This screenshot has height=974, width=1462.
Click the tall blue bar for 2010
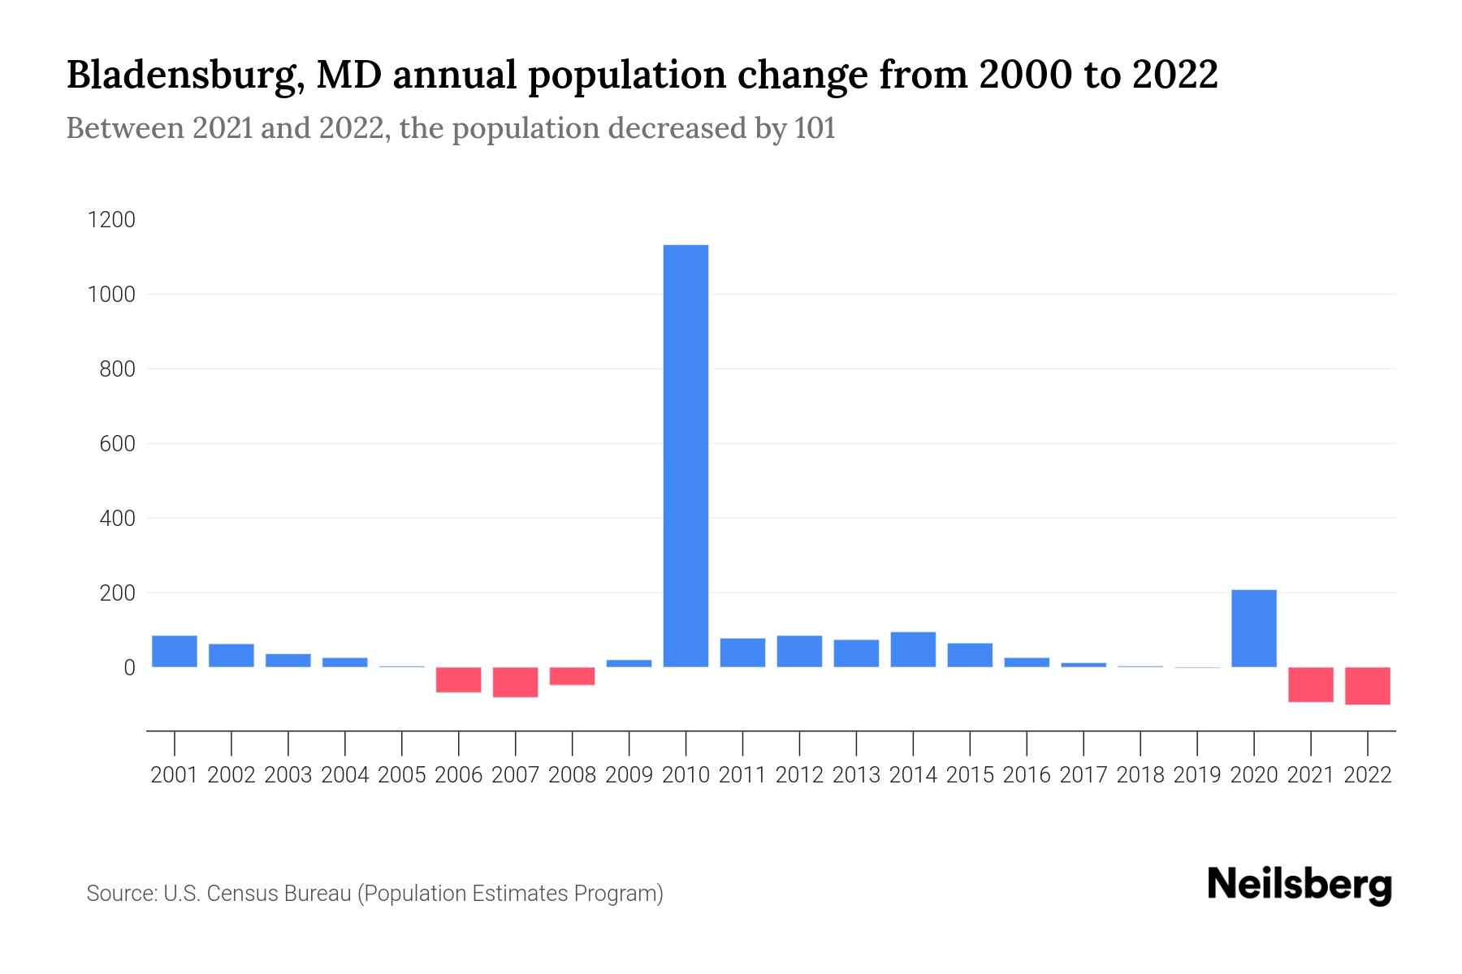tap(686, 455)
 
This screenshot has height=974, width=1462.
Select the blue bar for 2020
tap(1253, 628)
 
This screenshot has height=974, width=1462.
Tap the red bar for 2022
tap(1367, 686)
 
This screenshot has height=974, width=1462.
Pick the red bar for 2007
tap(515, 683)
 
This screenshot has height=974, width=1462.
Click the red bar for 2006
tap(458, 680)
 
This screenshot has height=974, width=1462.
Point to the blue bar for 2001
tap(174, 651)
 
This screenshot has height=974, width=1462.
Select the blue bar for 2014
tap(913, 649)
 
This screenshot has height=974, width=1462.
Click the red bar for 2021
tap(1310, 684)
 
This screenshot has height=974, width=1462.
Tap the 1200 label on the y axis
tap(111, 220)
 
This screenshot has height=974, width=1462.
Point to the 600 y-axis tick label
tap(117, 444)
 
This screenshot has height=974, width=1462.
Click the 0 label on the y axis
tap(128, 668)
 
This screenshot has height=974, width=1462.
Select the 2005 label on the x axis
tap(401, 775)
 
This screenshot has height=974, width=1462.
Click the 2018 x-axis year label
tap(1140, 775)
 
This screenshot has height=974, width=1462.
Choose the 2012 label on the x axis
tap(799, 775)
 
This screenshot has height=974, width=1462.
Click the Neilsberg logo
tap(1299, 886)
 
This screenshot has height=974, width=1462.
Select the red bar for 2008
tap(572, 676)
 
